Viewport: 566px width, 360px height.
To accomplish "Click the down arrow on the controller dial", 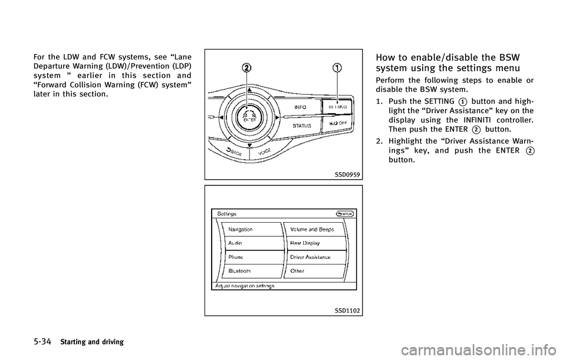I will coord(249,145).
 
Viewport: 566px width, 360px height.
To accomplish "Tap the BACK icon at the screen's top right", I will coord(345,213).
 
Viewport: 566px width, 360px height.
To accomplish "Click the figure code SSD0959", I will coord(347,174).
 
